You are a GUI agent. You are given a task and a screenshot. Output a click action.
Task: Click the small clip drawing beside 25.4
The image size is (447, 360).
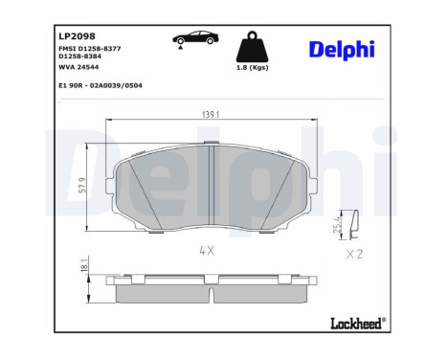coord(351,226)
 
